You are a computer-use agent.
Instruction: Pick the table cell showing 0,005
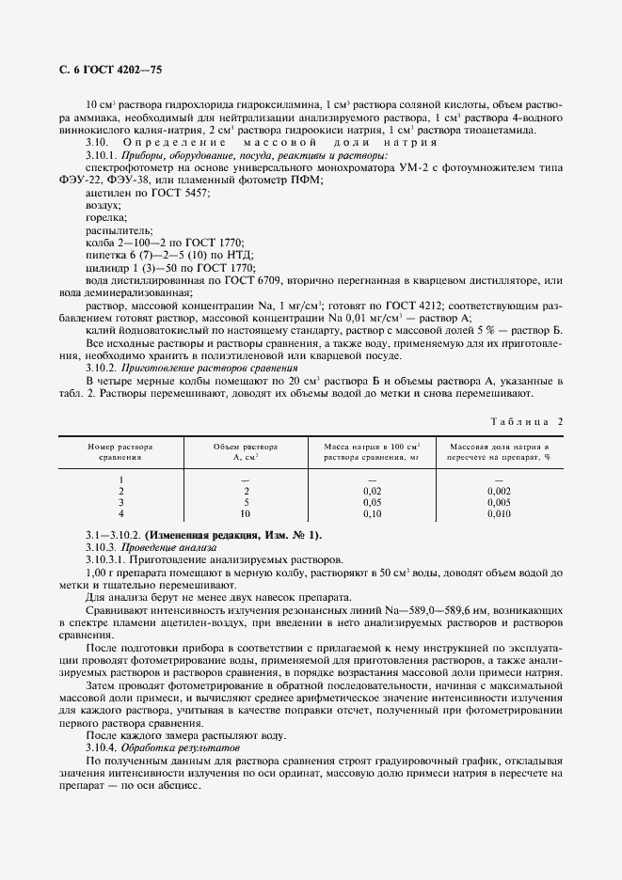point(500,503)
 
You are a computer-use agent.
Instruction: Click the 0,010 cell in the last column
point(500,514)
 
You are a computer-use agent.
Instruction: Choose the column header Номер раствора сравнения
point(120,450)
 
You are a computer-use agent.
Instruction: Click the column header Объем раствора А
point(247,450)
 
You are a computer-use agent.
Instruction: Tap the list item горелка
point(105,217)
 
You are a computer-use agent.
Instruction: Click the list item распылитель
point(113,230)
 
